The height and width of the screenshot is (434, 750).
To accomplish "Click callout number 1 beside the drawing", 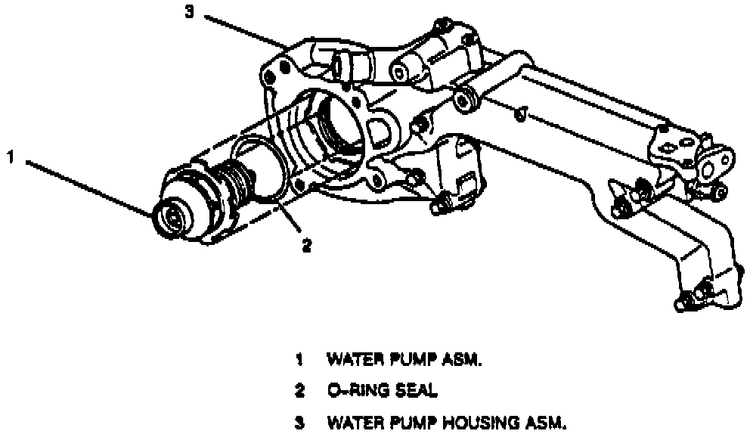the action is click(x=11, y=158).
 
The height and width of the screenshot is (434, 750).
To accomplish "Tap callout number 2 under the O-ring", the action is click(x=305, y=245).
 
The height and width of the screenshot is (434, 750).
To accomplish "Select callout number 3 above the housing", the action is click(x=190, y=11).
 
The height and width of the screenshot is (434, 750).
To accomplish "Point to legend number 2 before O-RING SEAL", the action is click(x=299, y=392).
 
